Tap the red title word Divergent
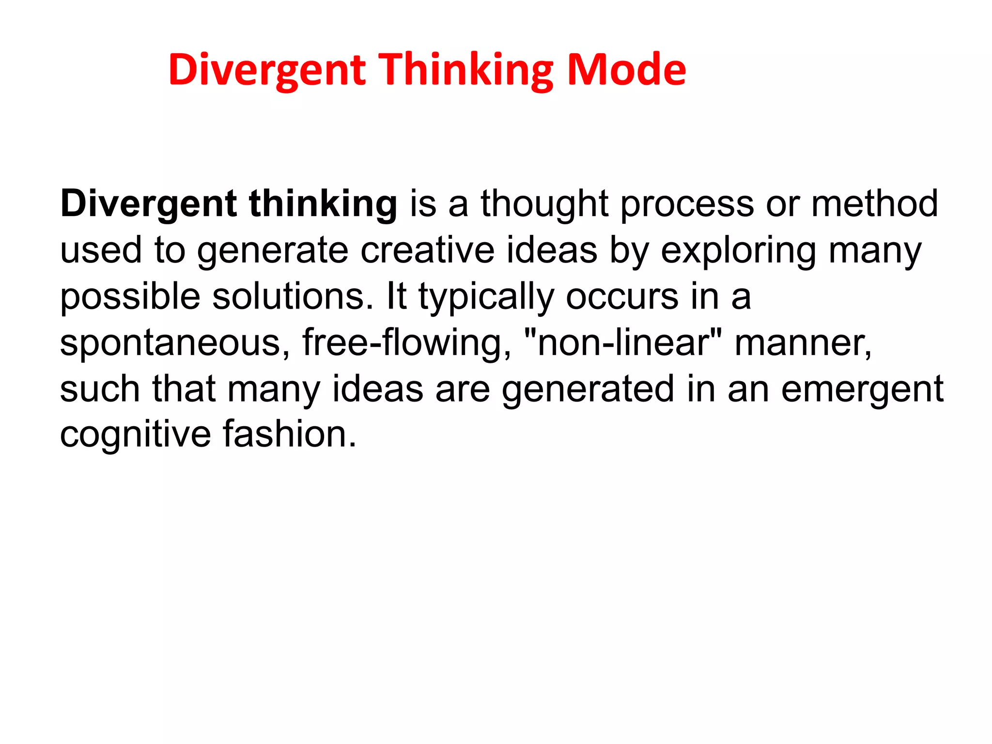[267, 71]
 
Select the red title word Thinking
[465, 71]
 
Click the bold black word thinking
[323, 204]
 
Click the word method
[875, 203]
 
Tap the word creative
[427, 250]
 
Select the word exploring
[738, 251]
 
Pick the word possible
[130, 297]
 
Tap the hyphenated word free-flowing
[406, 343]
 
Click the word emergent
[862, 389]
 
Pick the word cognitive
[135, 434]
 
